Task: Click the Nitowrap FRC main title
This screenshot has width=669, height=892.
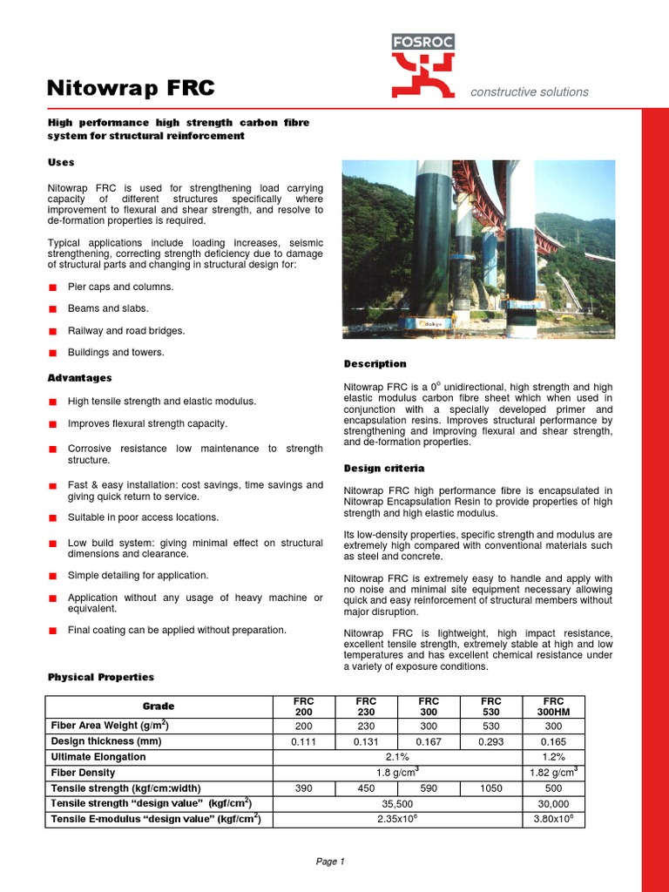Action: pos(131,88)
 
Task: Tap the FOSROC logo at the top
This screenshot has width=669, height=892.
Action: pos(422,65)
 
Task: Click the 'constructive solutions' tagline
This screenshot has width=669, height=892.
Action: pos(529,91)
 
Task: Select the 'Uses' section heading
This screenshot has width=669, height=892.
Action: pos(61,163)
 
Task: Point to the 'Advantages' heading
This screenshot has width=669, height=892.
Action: pos(79,378)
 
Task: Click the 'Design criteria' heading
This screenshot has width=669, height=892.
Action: pos(384,469)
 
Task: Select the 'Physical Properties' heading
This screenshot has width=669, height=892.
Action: pos(100,677)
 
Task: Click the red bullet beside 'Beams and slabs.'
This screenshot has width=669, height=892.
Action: pos(53,309)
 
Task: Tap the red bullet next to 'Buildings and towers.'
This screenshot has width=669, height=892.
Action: pos(53,353)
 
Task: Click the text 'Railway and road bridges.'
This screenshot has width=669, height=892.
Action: pos(126,331)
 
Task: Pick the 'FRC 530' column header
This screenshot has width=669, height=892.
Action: pos(490,706)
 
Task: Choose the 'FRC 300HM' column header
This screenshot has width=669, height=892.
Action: pos(553,706)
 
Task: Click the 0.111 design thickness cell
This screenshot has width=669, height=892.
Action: pos(304,741)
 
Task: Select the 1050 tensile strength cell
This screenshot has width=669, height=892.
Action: pos(490,788)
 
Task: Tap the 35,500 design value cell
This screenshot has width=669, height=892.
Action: pos(397,804)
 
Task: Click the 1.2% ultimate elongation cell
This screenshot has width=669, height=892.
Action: pos(553,757)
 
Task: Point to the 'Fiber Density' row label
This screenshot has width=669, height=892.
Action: pos(83,773)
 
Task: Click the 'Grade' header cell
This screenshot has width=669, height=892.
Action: pos(159,706)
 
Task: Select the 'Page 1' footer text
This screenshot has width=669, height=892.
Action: pos(330,862)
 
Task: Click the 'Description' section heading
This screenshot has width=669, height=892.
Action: pos(375,364)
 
